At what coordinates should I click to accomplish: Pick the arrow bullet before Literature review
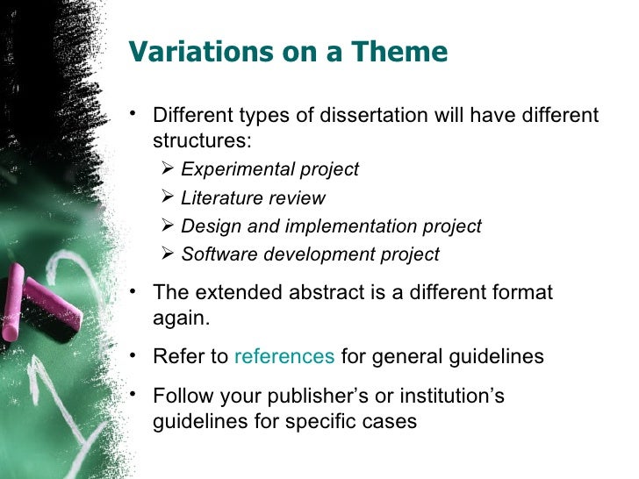click(169, 198)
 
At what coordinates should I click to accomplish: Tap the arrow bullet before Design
click(169, 226)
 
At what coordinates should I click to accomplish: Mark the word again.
click(181, 318)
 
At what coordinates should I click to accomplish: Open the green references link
click(284, 357)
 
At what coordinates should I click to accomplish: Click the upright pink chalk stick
click(13, 304)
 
